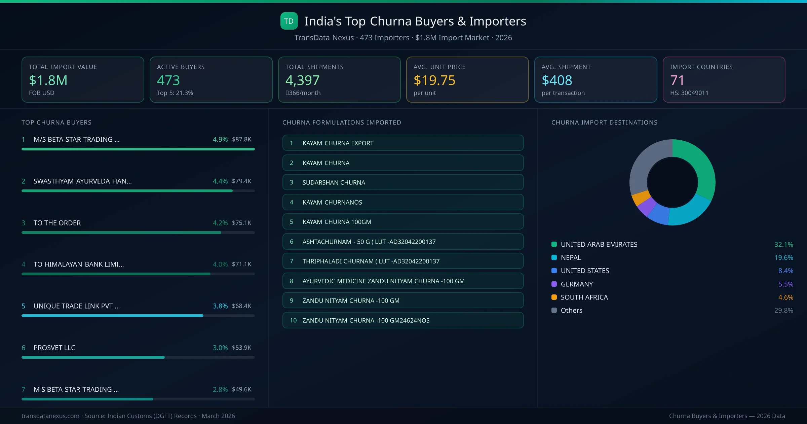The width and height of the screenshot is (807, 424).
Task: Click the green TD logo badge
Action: tap(289, 21)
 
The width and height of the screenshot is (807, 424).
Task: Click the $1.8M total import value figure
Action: tap(48, 80)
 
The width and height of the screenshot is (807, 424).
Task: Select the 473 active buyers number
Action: tap(168, 80)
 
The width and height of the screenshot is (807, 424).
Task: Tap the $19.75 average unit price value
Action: tap(434, 80)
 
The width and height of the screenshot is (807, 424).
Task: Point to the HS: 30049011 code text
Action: tap(689, 93)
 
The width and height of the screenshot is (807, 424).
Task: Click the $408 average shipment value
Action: tap(556, 80)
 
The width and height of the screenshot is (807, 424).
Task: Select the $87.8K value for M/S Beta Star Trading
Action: tap(241, 139)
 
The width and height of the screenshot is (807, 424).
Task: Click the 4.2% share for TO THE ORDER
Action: tap(220, 223)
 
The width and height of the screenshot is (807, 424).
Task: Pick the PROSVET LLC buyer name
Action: tap(54, 348)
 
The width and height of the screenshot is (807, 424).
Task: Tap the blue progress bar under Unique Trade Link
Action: tap(112, 316)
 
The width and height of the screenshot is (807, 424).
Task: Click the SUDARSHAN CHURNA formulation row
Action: tap(403, 182)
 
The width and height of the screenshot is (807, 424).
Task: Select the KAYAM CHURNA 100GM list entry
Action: tap(403, 222)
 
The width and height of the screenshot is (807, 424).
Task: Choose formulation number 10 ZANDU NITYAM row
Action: tap(403, 320)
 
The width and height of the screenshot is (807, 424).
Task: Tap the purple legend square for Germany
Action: tap(554, 284)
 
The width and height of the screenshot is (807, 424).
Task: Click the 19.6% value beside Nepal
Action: tap(783, 257)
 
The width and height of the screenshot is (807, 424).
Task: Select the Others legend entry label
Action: tap(571, 310)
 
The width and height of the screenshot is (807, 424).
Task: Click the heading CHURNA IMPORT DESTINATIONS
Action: tap(604, 122)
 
